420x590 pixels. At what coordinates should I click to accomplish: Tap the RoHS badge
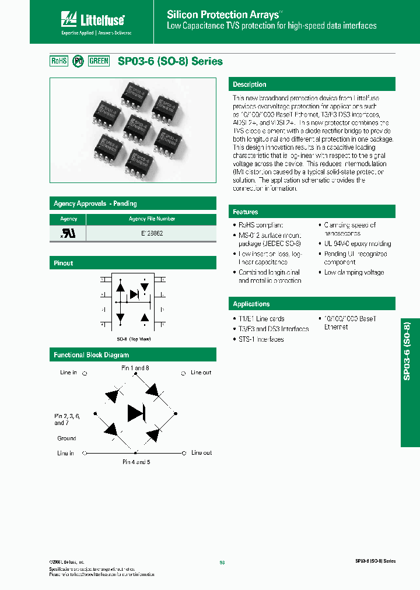click(60, 61)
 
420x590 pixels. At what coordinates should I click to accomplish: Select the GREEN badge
click(99, 61)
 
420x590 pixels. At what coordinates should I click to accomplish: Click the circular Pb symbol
click(78, 61)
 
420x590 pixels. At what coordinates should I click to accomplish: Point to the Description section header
click(250, 85)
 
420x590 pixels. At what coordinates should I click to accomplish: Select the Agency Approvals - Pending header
click(95, 203)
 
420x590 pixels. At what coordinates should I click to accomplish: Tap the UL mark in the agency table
click(68, 233)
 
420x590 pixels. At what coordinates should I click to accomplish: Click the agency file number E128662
click(152, 232)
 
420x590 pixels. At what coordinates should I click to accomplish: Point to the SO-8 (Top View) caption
click(134, 339)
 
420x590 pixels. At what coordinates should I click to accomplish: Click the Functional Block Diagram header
click(91, 354)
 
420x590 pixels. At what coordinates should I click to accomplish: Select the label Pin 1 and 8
click(135, 368)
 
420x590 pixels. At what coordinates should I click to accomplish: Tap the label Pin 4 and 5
click(136, 461)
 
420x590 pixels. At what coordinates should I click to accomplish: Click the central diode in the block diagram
click(136, 413)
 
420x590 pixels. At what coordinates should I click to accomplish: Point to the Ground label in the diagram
click(66, 438)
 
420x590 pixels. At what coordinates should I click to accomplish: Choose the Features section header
click(246, 212)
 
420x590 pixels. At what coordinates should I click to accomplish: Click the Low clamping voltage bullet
click(353, 272)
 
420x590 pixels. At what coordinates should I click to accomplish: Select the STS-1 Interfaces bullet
click(261, 339)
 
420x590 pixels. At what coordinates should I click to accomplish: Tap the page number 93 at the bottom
click(222, 563)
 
